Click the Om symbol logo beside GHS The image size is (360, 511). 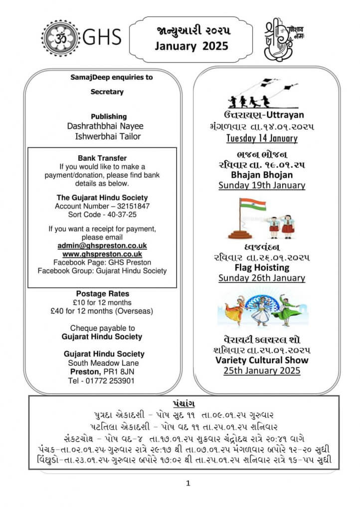[x=60, y=38]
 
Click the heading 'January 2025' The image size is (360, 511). [x=191, y=46]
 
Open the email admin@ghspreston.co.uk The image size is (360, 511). [x=102, y=246]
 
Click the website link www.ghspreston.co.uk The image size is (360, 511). [x=102, y=254]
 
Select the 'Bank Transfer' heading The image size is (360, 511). [x=102, y=158]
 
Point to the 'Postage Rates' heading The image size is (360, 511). [x=102, y=294]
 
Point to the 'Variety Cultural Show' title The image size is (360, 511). [x=262, y=360]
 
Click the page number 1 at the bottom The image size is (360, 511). [x=188, y=483]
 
